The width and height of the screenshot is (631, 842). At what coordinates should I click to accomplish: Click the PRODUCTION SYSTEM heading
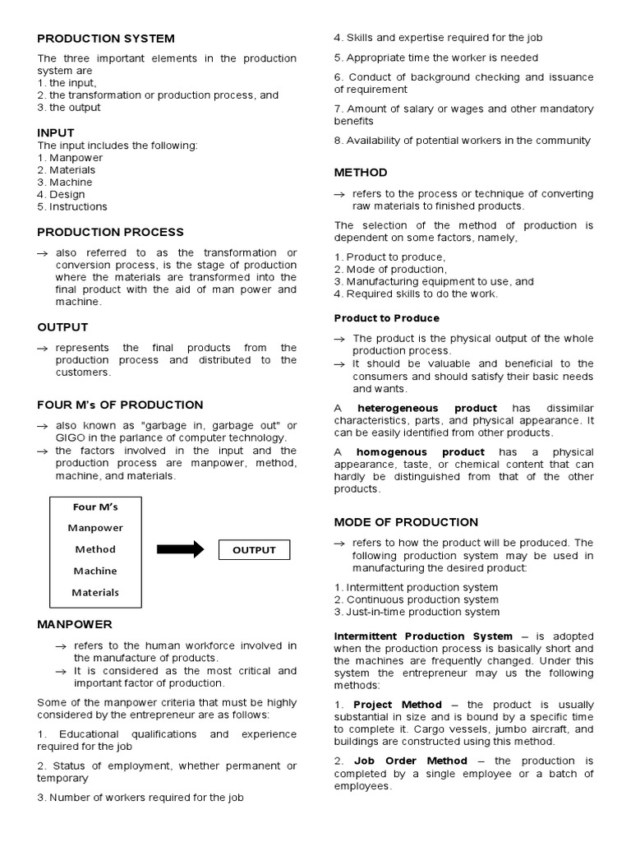106,39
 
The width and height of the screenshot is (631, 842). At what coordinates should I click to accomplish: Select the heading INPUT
56,132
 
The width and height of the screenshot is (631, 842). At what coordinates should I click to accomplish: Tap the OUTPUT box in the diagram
254,550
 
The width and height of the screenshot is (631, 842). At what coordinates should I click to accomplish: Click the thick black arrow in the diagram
180,550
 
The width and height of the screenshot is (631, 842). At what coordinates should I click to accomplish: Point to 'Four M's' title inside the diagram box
95,507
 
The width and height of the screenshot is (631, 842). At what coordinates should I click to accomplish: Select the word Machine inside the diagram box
95,571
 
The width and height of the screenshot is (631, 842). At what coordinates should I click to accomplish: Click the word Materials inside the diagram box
95,592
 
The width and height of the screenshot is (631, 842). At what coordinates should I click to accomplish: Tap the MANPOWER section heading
75,624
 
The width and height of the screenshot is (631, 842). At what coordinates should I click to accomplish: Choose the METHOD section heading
361,173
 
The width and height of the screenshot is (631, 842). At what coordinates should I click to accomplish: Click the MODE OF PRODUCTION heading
406,522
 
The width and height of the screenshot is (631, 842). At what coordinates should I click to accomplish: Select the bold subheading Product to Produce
386,318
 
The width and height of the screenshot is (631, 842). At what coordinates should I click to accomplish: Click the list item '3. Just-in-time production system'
417,612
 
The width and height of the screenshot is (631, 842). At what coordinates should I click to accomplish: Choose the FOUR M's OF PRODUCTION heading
120,405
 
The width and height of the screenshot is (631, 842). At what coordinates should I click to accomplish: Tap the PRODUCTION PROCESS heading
110,232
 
